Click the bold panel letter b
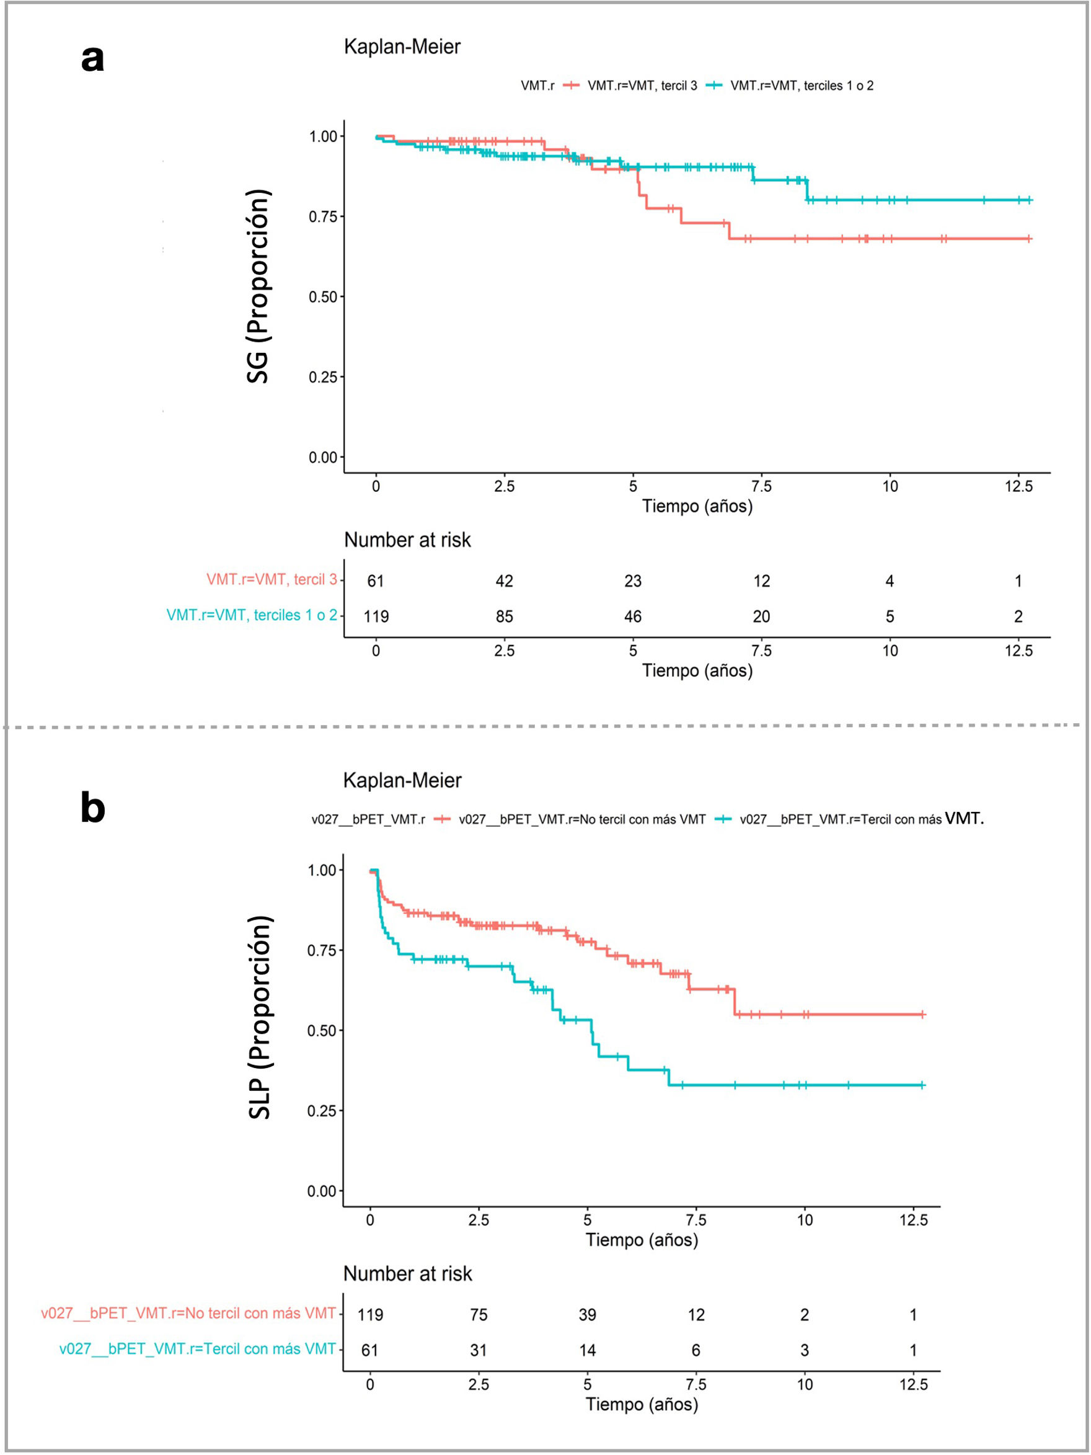click(x=93, y=807)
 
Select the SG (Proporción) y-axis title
click(x=258, y=286)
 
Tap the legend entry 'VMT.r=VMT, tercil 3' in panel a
click(x=642, y=86)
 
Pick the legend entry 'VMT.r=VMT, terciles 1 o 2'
click(x=802, y=86)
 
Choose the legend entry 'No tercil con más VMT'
click(x=582, y=819)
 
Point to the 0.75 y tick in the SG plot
click(x=322, y=216)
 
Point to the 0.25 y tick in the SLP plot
click(x=321, y=1110)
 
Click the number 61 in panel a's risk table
click(x=376, y=581)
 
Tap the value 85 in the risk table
click(x=505, y=616)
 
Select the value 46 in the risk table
click(x=633, y=616)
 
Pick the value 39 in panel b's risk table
click(x=587, y=1314)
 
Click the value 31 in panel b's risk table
click(x=479, y=1350)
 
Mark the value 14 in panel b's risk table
click(x=587, y=1350)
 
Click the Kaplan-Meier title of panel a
click(x=402, y=47)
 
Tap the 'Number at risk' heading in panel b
click(x=407, y=1273)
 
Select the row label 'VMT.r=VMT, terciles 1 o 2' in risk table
click(x=252, y=615)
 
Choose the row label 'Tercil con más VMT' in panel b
click(x=197, y=1348)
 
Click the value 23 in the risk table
click(x=633, y=581)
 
